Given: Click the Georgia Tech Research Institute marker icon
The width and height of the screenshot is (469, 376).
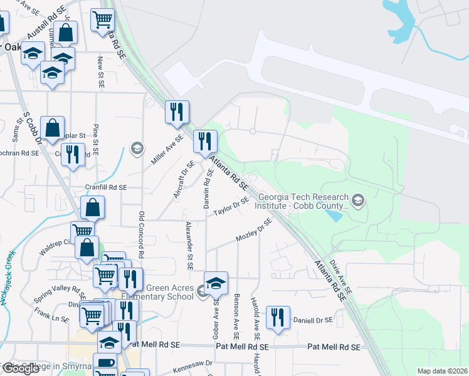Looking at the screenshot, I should point(358,201).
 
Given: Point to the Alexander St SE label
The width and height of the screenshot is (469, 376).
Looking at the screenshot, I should point(188,241).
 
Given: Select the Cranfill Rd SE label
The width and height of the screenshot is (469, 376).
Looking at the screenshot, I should point(106,187).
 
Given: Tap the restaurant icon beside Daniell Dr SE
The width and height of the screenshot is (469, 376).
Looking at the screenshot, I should point(277,317).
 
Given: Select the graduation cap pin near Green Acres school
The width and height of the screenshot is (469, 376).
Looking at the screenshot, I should point(216,283).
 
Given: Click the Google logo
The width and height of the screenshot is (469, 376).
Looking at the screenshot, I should point(21,368).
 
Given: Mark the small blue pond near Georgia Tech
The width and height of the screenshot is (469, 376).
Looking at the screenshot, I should point(334,216).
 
